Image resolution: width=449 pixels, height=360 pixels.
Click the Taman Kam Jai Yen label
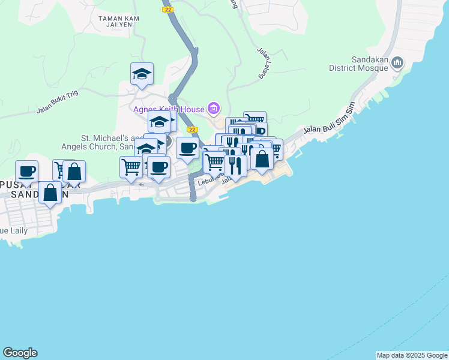119,21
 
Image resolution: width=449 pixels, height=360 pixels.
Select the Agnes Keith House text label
169,109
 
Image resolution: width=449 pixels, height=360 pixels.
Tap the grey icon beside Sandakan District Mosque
398,63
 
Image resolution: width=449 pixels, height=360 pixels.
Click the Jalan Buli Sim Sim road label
330,118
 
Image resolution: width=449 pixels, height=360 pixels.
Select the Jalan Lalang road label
262,64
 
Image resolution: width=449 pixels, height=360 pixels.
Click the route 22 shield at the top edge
167,9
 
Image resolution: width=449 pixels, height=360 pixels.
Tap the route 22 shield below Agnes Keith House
192,129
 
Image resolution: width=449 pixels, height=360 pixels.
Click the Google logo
20,353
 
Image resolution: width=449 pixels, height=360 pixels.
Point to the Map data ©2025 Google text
412,355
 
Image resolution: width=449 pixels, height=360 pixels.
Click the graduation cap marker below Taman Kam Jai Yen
142,74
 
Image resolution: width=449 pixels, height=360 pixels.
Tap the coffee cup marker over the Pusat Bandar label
27,172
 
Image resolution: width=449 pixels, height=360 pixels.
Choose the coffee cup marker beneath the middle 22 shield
187,148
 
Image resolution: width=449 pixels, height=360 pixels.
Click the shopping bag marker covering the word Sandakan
50,193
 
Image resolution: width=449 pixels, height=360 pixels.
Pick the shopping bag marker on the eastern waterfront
262,160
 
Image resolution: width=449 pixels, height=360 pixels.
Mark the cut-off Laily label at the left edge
11,230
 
